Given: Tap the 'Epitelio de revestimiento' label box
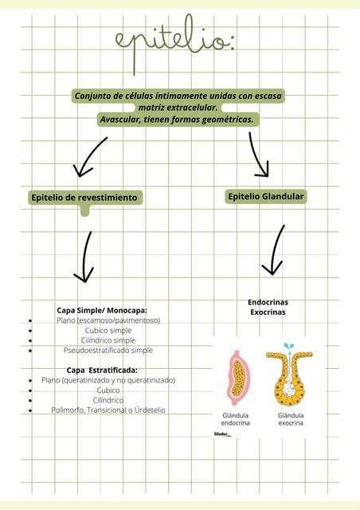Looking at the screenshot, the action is (x=84, y=197).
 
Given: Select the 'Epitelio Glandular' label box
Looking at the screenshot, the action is (x=266, y=196).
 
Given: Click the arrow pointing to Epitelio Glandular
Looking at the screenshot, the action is (x=258, y=154).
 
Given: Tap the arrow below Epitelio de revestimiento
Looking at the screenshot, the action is (x=84, y=256).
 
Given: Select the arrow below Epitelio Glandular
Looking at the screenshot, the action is (x=275, y=249).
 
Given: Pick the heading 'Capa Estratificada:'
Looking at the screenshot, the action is (x=102, y=371).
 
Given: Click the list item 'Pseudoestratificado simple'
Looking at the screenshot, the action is (x=108, y=350).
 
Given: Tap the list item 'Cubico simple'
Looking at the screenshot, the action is (x=108, y=330).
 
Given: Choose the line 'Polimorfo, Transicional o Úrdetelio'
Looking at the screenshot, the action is (x=108, y=410).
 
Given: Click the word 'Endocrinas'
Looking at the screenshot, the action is (x=268, y=302).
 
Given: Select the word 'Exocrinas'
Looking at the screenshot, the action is (x=268, y=312).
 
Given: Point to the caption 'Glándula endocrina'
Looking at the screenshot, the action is (x=237, y=419).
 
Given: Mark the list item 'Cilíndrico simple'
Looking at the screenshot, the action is (x=108, y=340).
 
